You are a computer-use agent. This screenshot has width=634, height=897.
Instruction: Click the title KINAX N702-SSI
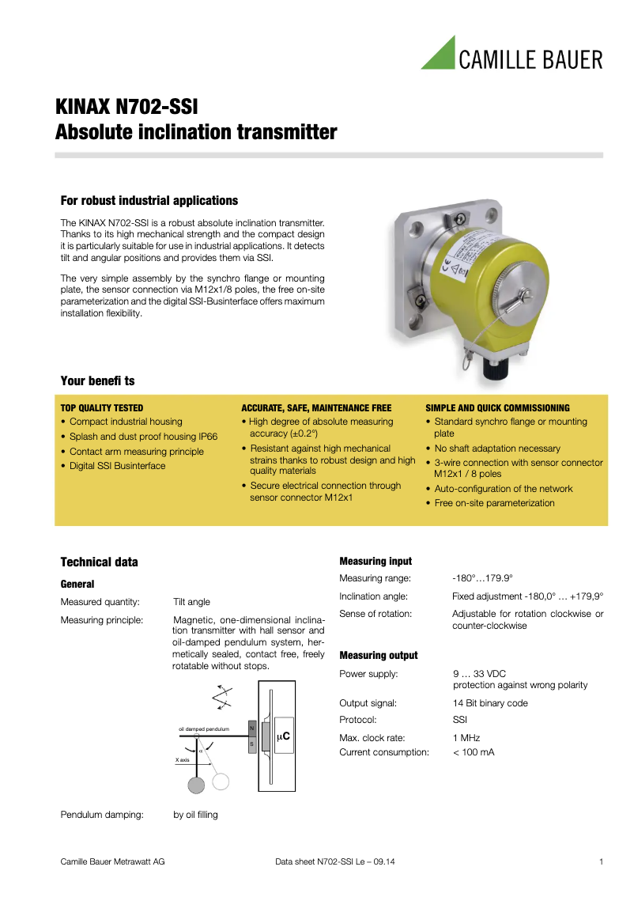[x=126, y=107]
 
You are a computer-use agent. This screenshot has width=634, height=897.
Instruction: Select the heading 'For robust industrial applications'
[x=149, y=200]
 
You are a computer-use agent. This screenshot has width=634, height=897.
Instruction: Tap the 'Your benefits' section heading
[x=97, y=380]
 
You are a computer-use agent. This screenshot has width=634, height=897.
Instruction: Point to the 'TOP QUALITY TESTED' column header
[x=102, y=408]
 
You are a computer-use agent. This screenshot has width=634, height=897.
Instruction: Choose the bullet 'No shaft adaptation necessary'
[x=496, y=448]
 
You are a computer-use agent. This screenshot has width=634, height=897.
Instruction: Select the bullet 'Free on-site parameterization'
[x=494, y=503]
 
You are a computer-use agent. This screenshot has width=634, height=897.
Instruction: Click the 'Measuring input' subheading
[x=375, y=561]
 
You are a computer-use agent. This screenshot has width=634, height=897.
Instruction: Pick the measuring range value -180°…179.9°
[x=482, y=578]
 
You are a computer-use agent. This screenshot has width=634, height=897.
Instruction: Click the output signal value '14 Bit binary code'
[x=489, y=703]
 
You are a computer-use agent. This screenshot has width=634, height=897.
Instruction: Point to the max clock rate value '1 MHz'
[x=466, y=737]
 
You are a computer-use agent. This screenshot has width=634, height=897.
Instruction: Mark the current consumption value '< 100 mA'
[x=473, y=752]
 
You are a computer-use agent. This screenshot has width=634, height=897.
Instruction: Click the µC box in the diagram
[x=282, y=736]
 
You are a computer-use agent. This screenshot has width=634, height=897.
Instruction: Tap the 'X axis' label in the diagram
[x=183, y=759]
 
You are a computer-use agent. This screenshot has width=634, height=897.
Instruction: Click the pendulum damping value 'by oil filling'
[x=195, y=815]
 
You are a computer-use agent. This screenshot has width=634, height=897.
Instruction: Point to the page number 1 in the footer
[x=601, y=861]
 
